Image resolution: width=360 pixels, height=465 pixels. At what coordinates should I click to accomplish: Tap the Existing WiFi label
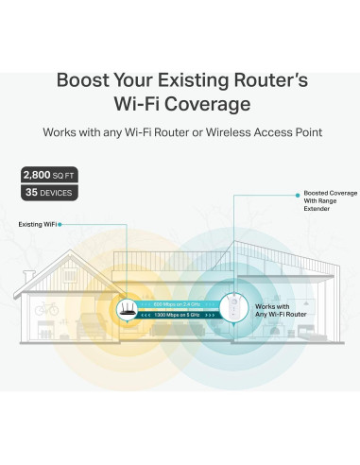tap(39, 224)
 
